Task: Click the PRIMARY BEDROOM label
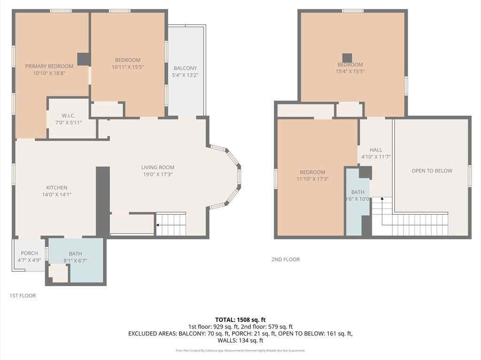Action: [49, 66]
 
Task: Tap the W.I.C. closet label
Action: [69, 116]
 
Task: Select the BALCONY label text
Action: [185, 68]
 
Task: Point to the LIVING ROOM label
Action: [158, 167]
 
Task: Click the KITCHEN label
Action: [56, 188]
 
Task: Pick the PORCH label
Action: [29, 253]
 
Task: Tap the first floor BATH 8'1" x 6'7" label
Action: [75, 253]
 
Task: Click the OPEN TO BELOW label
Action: [432, 171]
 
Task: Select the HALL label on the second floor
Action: [376, 150]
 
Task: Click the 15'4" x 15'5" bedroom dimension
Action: [350, 71]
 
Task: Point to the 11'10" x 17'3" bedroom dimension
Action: [312, 179]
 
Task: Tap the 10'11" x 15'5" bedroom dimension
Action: [128, 67]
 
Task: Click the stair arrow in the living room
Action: [158, 226]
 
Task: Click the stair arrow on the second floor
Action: [382, 199]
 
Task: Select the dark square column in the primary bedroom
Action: [84, 59]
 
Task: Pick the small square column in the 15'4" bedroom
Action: [347, 57]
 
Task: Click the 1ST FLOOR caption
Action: [23, 296]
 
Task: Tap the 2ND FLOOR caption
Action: [285, 259]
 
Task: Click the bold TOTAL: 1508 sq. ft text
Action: [240, 320]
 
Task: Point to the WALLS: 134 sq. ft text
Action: [240, 340]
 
